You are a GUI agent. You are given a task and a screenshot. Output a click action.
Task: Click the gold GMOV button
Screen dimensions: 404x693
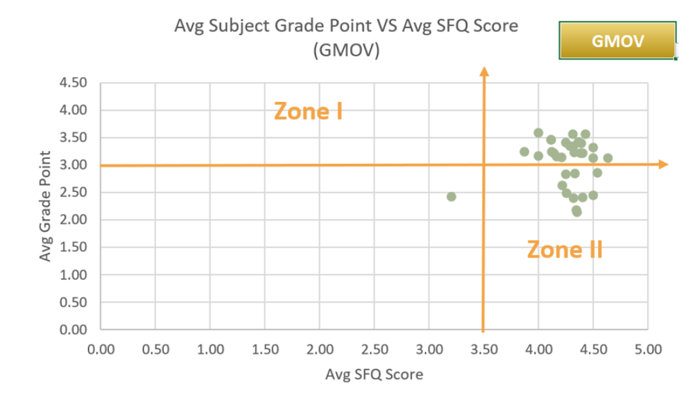click(x=617, y=40)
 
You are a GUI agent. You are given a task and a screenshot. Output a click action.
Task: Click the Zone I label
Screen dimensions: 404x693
click(x=308, y=111)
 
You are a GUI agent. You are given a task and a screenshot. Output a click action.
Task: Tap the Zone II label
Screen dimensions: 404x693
click(x=565, y=249)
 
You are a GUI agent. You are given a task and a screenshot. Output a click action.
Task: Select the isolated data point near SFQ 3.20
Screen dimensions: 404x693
click(x=451, y=197)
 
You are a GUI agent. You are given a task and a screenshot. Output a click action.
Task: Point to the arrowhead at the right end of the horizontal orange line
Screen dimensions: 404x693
click(x=663, y=165)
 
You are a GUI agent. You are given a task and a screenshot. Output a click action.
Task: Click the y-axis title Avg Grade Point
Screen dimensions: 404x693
click(x=46, y=206)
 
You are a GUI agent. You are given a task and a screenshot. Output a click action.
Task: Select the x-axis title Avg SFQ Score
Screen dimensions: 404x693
click(x=374, y=374)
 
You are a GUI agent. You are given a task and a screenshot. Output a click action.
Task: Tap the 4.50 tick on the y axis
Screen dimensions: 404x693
click(x=73, y=83)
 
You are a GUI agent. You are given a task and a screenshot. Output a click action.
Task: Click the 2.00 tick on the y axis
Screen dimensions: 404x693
click(x=73, y=220)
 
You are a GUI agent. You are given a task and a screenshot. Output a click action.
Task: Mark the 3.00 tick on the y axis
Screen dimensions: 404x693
click(x=73, y=165)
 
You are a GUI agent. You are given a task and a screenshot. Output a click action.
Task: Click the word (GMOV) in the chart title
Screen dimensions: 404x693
click(x=346, y=50)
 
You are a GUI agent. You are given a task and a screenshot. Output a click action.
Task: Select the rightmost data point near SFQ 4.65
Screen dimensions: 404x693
click(x=608, y=158)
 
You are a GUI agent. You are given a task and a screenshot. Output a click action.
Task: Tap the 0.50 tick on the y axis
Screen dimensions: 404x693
click(x=73, y=303)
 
